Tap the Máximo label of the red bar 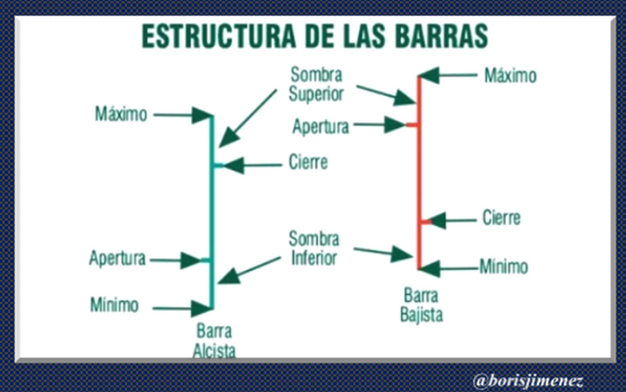click(x=511, y=74)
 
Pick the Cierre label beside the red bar click(x=501, y=218)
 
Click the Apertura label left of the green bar click(x=116, y=259)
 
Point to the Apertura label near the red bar click(x=321, y=125)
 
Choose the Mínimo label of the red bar click(x=504, y=266)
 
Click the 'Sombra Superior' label click(x=316, y=84)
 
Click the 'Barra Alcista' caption click(x=215, y=337)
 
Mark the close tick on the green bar click(x=218, y=165)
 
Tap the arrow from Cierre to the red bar click(x=450, y=220)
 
